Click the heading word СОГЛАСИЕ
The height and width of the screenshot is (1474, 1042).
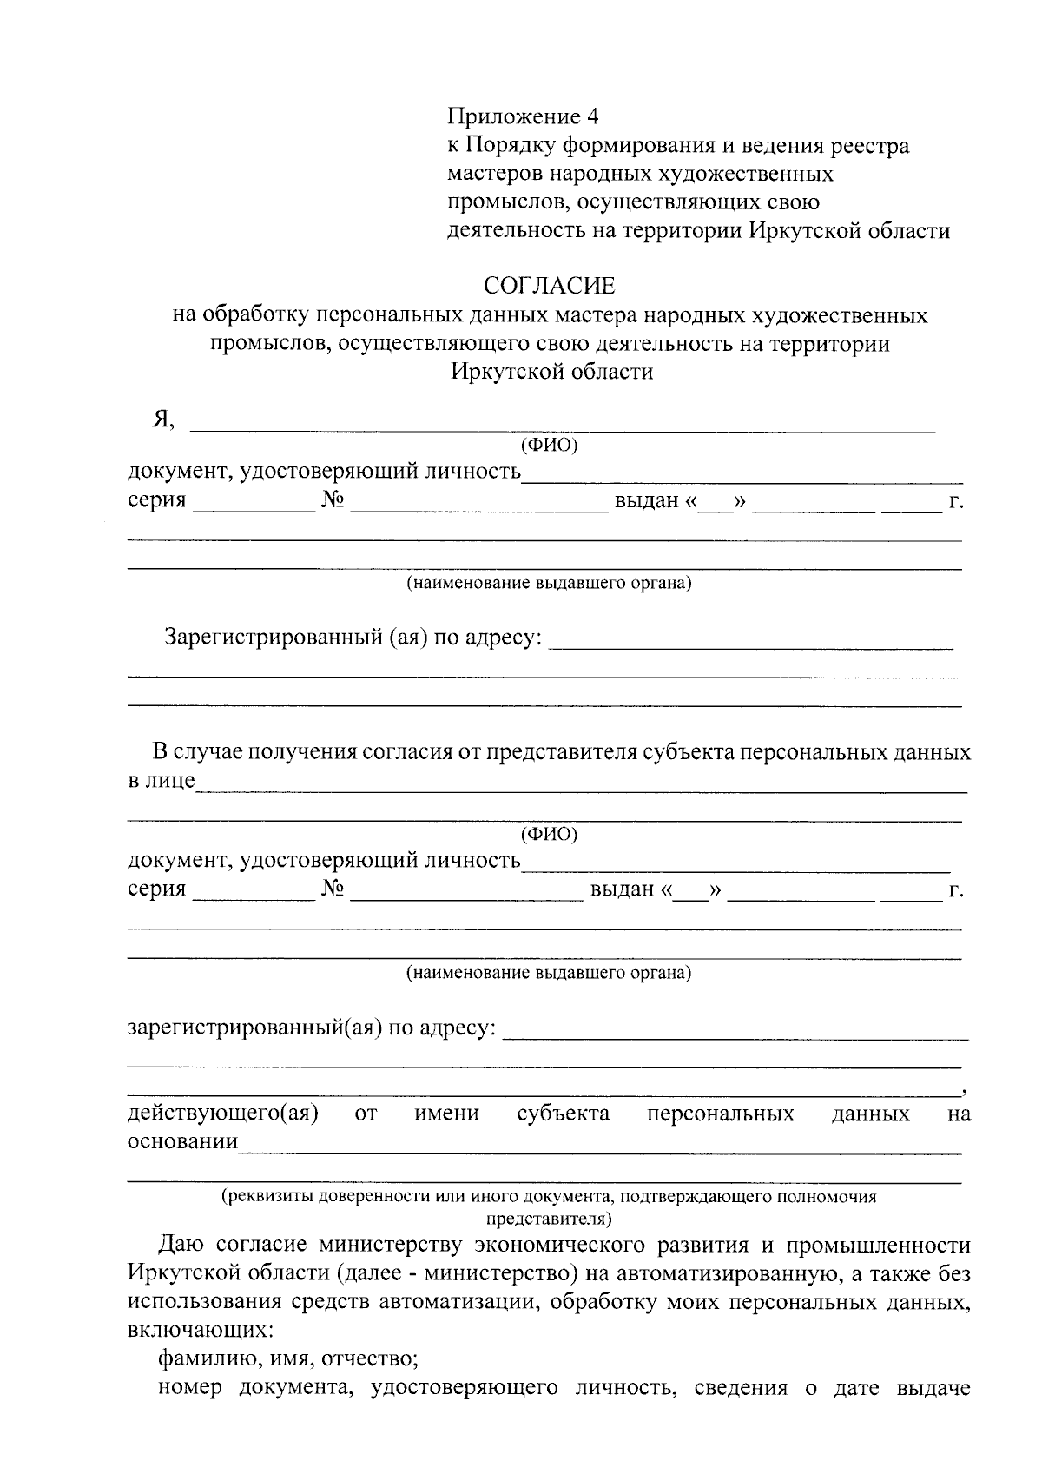pos(549,285)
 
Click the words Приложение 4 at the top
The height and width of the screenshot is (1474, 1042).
pos(523,116)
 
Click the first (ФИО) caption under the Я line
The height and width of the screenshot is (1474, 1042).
pos(548,446)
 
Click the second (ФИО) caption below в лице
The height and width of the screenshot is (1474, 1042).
pos(548,835)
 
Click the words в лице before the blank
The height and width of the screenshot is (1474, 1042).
pos(162,780)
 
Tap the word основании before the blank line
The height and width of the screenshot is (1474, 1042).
pos(182,1141)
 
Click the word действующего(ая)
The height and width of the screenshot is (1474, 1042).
pos(222,1114)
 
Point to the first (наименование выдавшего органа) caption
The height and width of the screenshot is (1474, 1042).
pos(549,583)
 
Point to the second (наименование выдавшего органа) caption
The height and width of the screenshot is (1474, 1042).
pos(549,973)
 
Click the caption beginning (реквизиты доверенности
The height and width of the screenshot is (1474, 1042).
pos(549,1197)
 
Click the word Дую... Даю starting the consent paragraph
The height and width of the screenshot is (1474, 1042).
pos(183,1244)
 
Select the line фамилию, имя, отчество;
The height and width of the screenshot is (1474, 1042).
pos(288,1358)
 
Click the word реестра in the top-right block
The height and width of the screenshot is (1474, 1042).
pos(869,145)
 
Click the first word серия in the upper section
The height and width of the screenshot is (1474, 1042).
pos(157,501)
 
